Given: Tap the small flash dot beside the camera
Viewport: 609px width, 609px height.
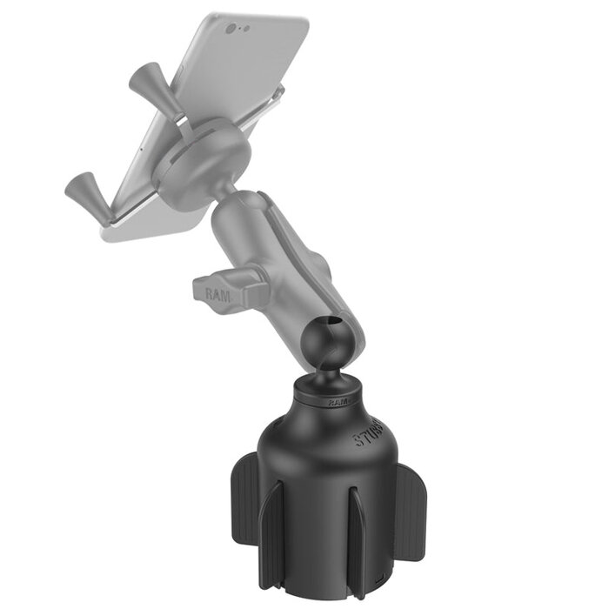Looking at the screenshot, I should [246, 29].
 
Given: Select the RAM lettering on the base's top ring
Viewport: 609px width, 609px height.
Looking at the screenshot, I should [339, 402].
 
